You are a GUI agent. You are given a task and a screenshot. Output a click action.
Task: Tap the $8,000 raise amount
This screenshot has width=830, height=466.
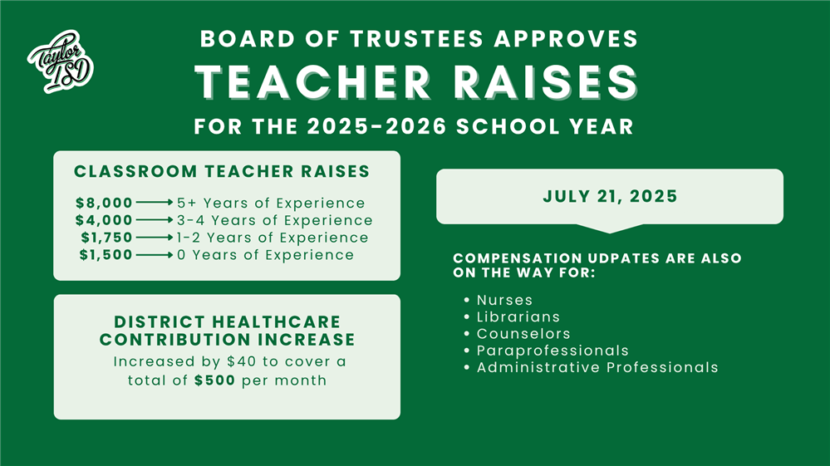point(104,203)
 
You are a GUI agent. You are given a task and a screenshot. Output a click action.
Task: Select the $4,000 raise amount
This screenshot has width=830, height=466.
point(104,220)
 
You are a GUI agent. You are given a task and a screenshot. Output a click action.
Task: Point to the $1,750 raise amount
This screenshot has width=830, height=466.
point(106,238)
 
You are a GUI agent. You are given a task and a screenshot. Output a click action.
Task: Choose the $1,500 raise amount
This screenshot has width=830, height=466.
point(106,255)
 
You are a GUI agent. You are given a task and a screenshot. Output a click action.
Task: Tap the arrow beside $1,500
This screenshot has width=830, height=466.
point(154,255)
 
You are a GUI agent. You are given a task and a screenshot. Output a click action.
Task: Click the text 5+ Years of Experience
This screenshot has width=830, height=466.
point(271,203)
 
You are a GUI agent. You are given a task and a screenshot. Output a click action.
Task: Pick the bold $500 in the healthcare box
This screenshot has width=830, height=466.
point(215,380)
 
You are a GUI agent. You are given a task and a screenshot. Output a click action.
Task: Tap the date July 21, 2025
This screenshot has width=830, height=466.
point(610,197)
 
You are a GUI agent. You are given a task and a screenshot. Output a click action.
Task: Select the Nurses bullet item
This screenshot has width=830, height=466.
point(504,300)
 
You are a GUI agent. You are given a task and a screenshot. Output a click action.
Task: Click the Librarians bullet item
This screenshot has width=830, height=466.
point(518,316)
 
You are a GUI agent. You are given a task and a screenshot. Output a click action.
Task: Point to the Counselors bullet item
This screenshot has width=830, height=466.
point(523,333)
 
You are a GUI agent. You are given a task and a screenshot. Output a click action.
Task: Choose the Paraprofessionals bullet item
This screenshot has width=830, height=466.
point(553,351)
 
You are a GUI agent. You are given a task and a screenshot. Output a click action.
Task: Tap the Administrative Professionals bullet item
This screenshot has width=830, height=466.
point(597,367)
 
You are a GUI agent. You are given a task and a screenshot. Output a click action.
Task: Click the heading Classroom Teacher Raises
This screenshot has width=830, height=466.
point(222,172)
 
